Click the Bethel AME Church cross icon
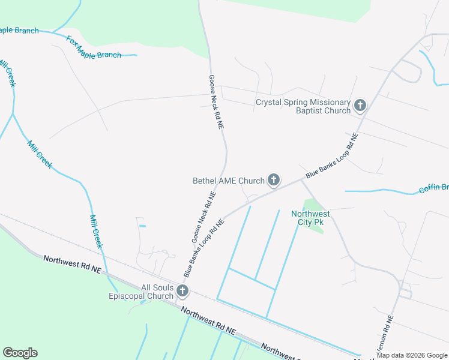pyautogui.click(x=274, y=179)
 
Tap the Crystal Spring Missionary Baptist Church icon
pyautogui.click(x=360, y=106)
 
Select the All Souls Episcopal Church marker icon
pyautogui.click(x=182, y=292)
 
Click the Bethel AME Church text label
pyautogui.click(x=229, y=181)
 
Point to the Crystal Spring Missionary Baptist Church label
pyautogui.click(x=303, y=106)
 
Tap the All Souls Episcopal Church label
pyautogui.click(x=140, y=292)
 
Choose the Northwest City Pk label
pyautogui.click(x=310, y=218)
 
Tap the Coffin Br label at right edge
pyautogui.click(x=433, y=188)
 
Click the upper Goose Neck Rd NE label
pyautogui.click(x=216, y=102)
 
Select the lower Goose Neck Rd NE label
pyautogui.click(x=203, y=217)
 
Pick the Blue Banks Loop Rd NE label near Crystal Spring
pyautogui.click(x=332, y=155)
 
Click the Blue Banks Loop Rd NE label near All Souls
pyautogui.click(x=204, y=247)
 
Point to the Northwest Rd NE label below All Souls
pyautogui.click(x=209, y=321)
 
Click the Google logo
pyautogui.click(x=20, y=353)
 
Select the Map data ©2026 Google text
pyautogui.click(x=412, y=355)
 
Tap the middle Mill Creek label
pyautogui.click(x=40, y=154)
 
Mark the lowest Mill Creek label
pyautogui.click(x=96, y=231)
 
